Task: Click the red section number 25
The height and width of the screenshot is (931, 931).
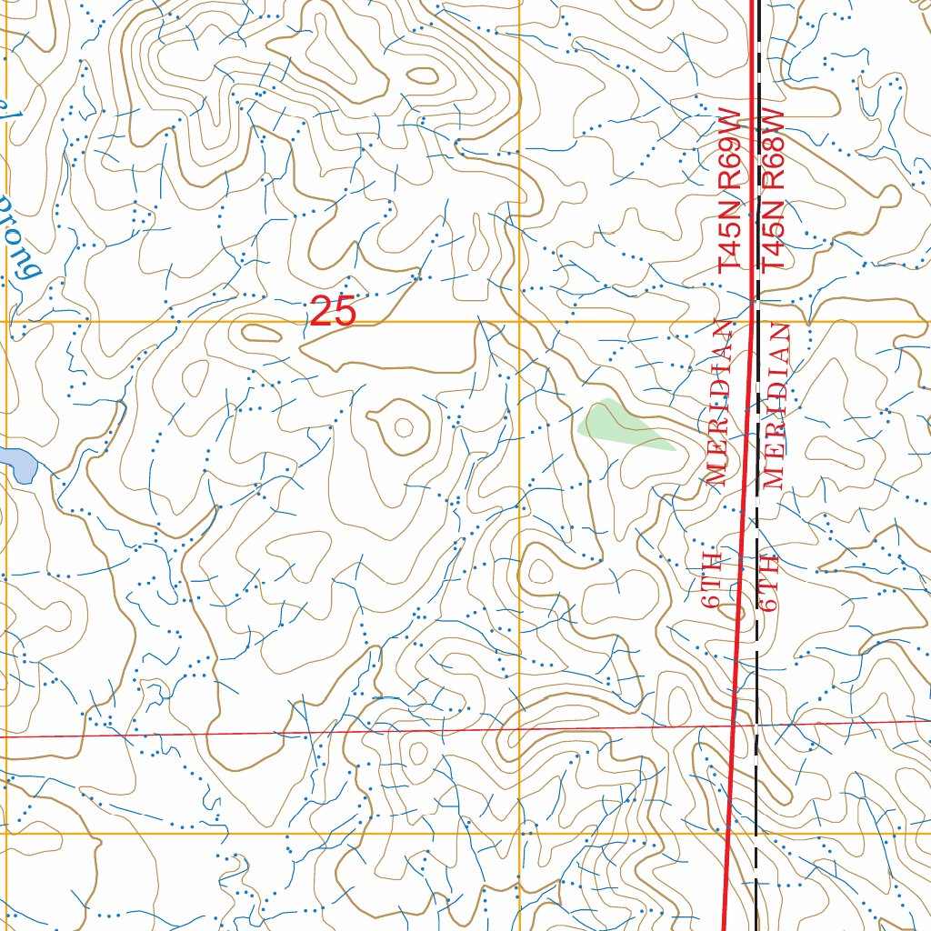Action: coord(333,312)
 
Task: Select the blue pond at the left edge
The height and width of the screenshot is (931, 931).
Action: coord(16,465)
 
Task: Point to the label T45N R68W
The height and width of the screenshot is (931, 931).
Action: coord(773,191)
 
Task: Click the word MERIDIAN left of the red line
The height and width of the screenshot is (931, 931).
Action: coord(717,403)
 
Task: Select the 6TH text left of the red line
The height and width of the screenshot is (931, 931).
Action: coord(712,579)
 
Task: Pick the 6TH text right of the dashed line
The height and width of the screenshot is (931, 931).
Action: coord(772,580)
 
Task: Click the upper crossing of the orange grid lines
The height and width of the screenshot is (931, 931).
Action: coord(519,322)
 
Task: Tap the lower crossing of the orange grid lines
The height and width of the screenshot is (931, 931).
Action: coord(520,833)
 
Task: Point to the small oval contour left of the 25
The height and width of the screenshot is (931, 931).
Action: coord(259,333)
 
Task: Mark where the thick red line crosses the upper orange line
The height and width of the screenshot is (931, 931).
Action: coord(753,322)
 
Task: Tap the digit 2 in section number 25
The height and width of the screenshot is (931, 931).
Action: coord(322,312)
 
